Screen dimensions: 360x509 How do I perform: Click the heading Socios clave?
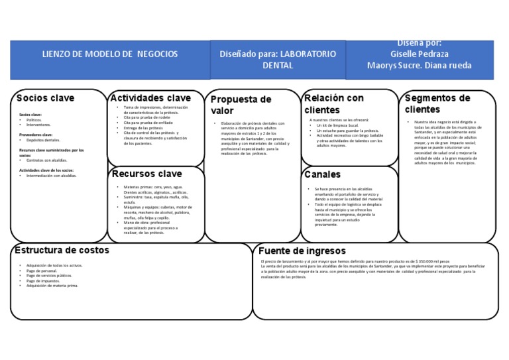click(45, 98)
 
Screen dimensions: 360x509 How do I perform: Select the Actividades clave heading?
click(150, 97)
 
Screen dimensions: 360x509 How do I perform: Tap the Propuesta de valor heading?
click(241, 105)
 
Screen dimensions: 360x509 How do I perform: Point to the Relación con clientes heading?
click(334, 103)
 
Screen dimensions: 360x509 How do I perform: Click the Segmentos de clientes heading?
click(437, 103)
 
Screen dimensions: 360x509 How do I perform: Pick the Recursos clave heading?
click(146, 174)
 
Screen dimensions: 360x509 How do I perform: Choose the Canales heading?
click(323, 174)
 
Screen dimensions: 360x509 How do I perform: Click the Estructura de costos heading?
click(62, 250)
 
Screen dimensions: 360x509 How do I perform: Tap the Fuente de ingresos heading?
click(302, 251)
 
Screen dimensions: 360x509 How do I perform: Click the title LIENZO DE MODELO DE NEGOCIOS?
click(110, 54)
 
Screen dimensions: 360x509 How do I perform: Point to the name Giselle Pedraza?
click(419, 54)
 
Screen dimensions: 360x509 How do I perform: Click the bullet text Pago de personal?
click(42, 270)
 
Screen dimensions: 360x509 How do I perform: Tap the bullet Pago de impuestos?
click(43, 281)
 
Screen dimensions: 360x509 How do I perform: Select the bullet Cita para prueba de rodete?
click(146, 118)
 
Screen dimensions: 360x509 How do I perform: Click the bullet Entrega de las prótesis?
click(144, 128)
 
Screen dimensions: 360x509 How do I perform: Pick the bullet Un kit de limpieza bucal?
click(342, 125)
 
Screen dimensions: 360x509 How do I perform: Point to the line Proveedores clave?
click(36, 135)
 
